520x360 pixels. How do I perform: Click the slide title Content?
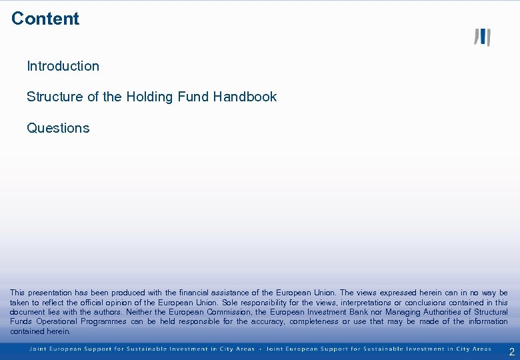[x=45, y=19]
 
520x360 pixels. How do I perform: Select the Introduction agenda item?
[x=63, y=66]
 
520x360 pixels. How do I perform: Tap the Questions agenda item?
[x=58, y=128]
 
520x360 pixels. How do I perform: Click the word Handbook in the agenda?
[x=245, y=97]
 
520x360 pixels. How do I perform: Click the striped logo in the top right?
[x=482, y=37]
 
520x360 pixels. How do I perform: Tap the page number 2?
[x=511, y=352]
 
